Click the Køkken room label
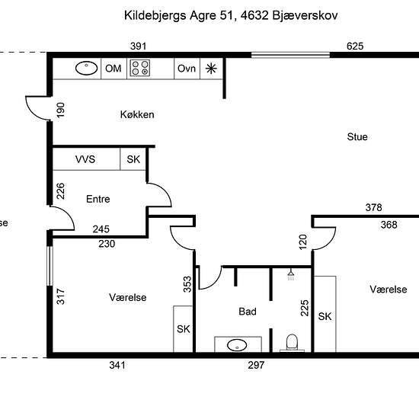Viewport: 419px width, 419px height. tap(137, 114)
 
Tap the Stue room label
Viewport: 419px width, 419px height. tap(357, 137)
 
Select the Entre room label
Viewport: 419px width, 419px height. tap(98, 199)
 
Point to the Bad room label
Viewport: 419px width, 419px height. tap(248, 312)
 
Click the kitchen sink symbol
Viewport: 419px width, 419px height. tap(86, 68)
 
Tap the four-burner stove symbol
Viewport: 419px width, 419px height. tap(140, 68)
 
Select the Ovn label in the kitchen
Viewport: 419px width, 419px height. tap(187, 69)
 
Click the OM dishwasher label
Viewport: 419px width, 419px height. tap(114, 69)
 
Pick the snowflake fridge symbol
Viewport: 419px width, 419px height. tap(211, 69)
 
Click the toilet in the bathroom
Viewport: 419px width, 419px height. tap(292, 343)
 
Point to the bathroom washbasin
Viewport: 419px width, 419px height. tap(237, 345)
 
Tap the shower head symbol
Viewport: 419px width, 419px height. tap(291, 275)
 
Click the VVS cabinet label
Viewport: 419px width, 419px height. tap(85, 159)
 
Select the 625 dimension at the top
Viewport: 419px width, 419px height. tap(355, 46)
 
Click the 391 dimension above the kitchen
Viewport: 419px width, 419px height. tap(139, 46)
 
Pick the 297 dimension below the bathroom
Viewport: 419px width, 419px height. tap(256, 365)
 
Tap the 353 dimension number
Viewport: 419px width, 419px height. tap(187, 284)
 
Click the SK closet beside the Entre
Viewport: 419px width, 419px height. tap(133, 159)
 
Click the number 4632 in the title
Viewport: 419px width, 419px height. tap(254, 15)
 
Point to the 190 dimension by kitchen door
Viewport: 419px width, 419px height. tap(61, 110)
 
